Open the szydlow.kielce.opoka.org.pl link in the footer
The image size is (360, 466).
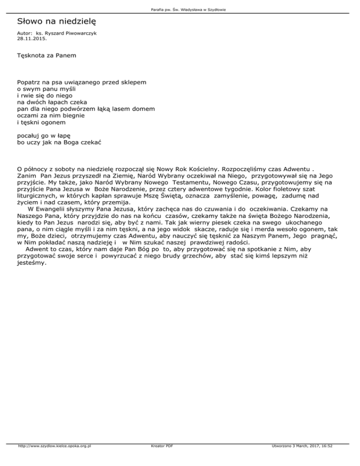point(54,460)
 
